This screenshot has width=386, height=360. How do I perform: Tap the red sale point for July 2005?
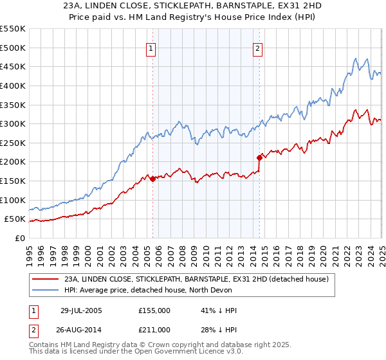point(152,179)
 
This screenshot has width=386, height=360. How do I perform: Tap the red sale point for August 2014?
point(259,157)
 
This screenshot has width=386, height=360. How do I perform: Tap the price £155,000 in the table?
point(154,310)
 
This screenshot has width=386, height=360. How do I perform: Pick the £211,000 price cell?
point(154,330)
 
